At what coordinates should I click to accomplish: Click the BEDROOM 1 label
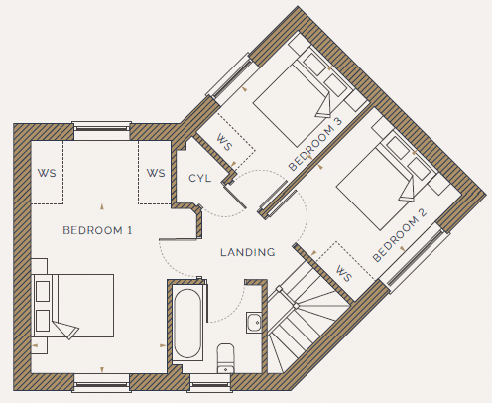[x=97, y=230]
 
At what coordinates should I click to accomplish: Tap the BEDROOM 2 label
[x=400, y=235]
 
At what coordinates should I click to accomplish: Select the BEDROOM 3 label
[x=315, y=144]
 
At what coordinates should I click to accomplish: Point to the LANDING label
[x=248, y=252]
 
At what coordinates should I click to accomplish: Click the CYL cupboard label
[x=199, y=178]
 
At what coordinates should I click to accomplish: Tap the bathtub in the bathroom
[x=187, y=323]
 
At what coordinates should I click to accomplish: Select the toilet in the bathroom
[x=226, y=358]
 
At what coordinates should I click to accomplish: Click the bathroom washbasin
[x=254, y=322]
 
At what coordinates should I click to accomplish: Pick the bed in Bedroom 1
[x=72, y=306]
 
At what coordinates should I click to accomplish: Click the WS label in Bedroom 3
[x=224, y=142]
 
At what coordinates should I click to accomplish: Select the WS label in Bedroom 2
[x=344, y=274]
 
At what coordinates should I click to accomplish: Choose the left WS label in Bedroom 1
[x=47, y=173]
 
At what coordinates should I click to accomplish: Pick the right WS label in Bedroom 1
[x=156, y=173]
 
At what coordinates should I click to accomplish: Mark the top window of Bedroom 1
[x=101, y=130]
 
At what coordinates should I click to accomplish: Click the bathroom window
[x=209, y=384]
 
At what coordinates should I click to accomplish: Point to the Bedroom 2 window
[x=415, y=258]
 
